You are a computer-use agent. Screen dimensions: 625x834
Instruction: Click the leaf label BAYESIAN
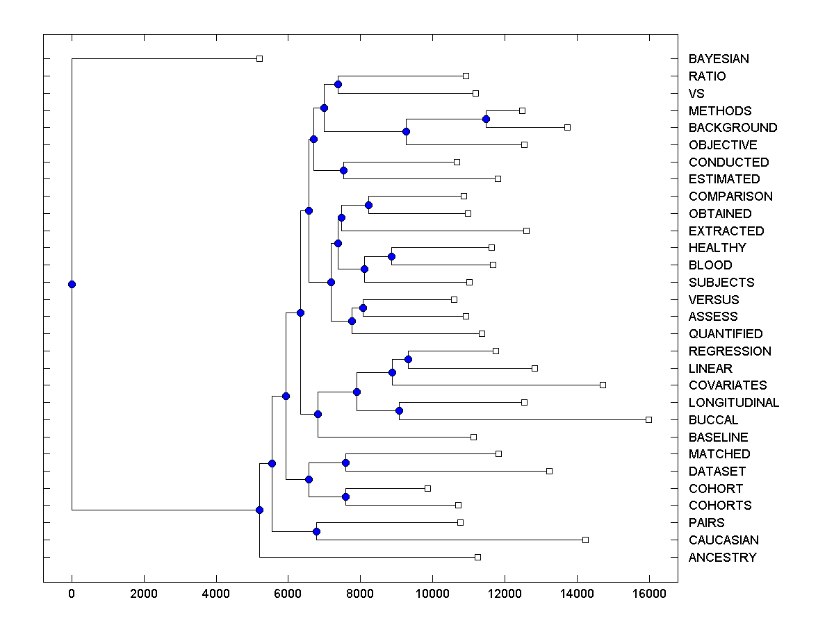click(719, 59)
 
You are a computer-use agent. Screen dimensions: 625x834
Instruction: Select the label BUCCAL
click(713, 420)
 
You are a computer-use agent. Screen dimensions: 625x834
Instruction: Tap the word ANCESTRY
click(722, 558)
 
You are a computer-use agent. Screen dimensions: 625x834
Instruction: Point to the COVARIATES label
click(728, 385)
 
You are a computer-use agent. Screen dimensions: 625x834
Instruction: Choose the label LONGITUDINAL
click(734, 403)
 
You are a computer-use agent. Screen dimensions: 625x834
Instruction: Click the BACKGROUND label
click(733, 128)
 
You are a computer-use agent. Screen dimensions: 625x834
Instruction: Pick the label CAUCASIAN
click(723, 540)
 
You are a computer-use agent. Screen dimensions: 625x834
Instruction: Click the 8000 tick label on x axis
click(360, 594)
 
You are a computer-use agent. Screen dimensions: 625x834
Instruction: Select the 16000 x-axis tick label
click(649, 594)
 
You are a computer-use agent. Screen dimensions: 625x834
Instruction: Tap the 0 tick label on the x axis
click(72, 594)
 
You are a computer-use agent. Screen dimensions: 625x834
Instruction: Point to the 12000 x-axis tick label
click(505, 594)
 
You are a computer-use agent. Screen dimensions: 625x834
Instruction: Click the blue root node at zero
click(72, 284)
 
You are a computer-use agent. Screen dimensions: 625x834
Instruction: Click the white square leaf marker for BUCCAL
click(648, 419)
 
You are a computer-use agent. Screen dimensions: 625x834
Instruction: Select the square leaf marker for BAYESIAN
click(259, 59)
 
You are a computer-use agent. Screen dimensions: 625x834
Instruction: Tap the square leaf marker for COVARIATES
click(603, 385)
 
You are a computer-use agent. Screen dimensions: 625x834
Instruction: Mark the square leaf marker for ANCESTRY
click(477, 557)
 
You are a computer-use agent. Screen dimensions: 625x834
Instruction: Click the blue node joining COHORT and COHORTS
click(345, 497)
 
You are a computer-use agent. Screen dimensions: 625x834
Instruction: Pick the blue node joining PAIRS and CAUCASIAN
click(316, 531)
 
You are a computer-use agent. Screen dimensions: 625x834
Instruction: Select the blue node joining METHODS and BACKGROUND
click(486, 119)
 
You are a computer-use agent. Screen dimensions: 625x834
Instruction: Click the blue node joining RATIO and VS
click(338, 84)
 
